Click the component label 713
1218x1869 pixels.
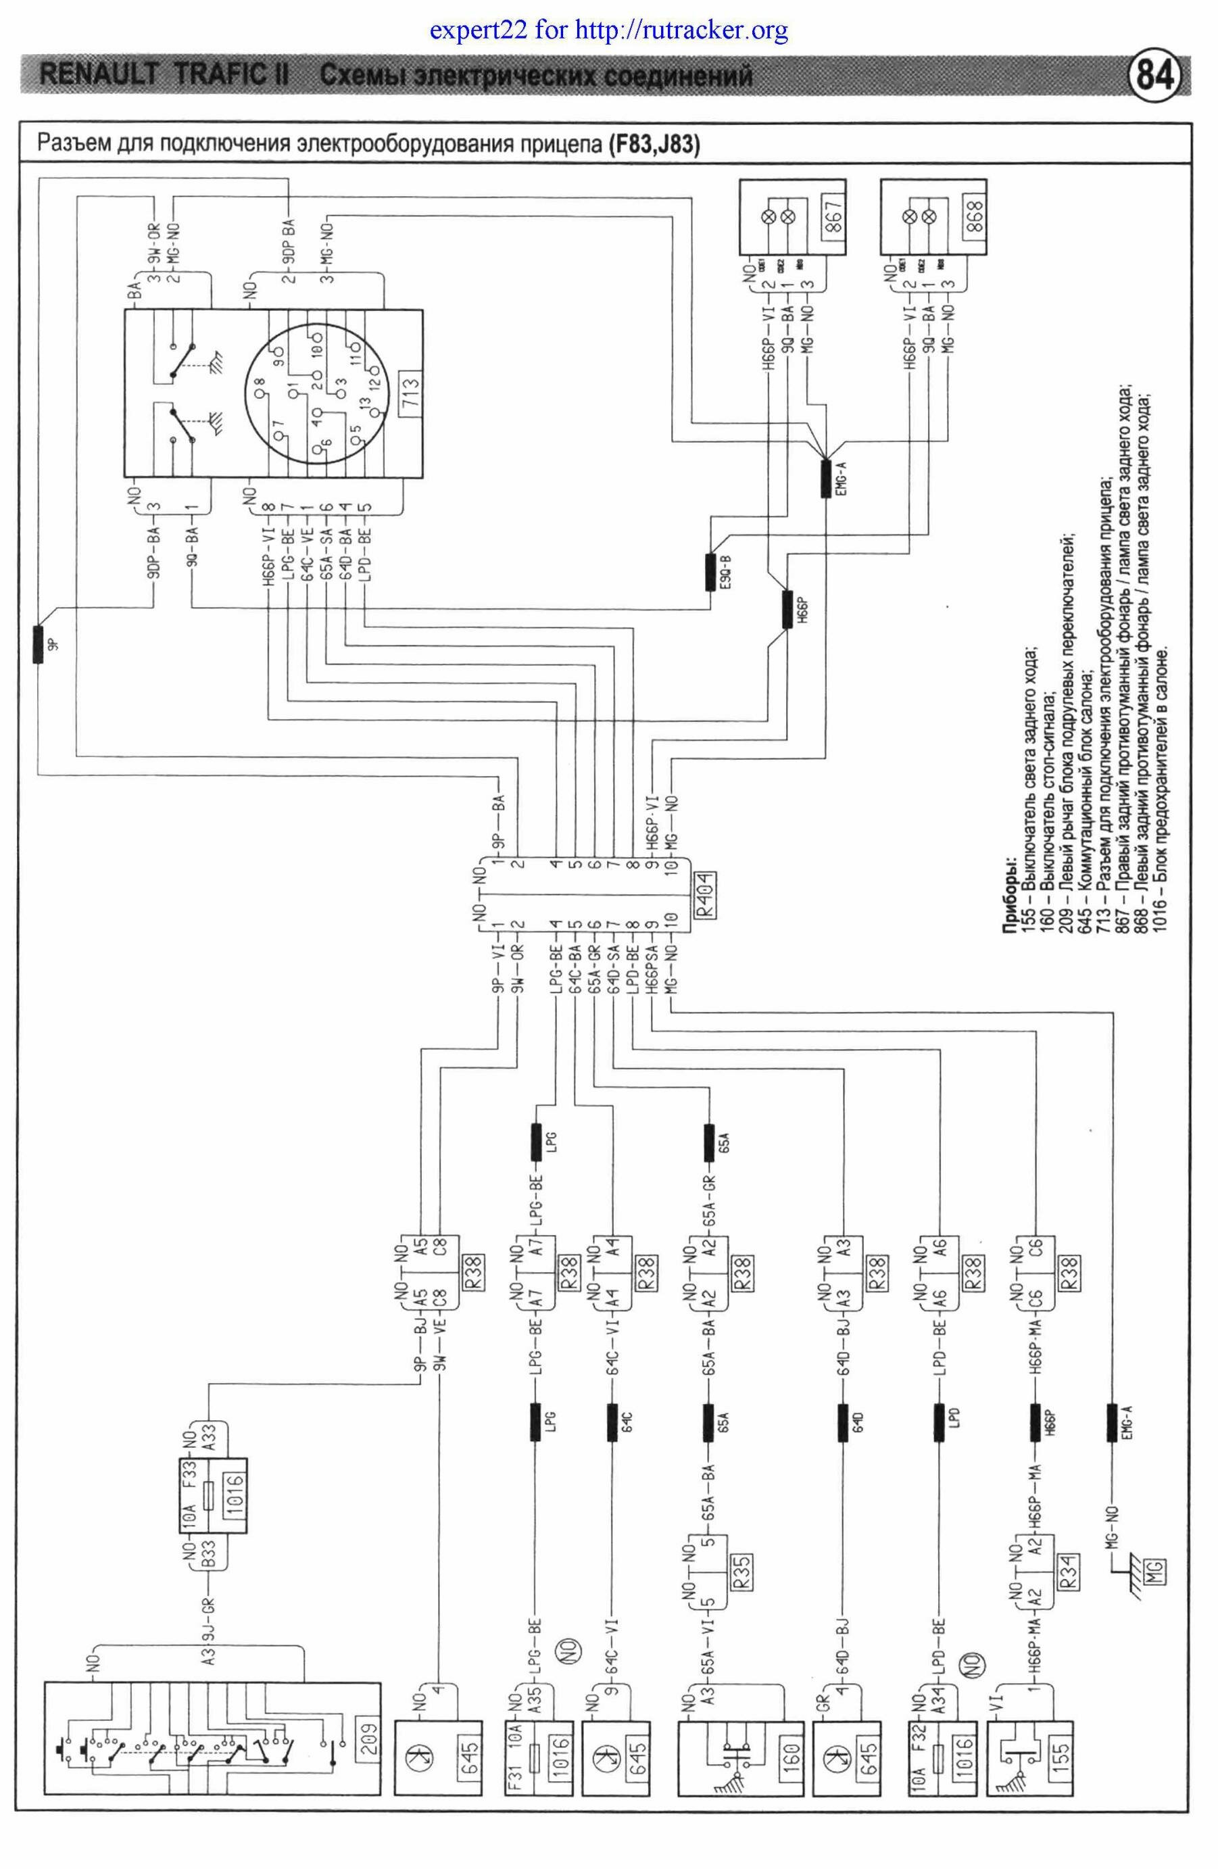point(411,389)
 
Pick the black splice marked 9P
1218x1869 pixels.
point(38,644)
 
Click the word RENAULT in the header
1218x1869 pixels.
point(97,76)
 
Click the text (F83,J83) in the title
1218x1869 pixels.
point(654,145)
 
